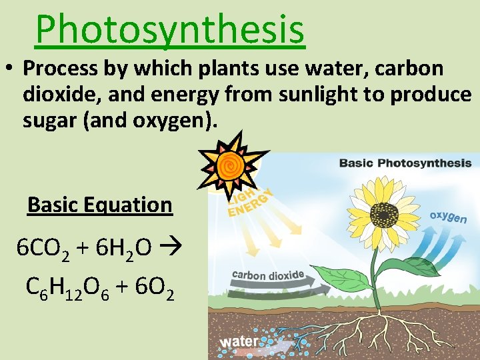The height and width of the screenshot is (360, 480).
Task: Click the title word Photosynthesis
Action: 170,29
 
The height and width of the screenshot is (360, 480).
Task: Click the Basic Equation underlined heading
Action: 99,205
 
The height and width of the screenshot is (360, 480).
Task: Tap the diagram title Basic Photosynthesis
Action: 405,163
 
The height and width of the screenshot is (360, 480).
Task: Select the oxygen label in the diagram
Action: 448,217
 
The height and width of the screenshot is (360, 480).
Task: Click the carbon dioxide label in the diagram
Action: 268,275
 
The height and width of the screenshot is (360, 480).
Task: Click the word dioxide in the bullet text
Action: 61,95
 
